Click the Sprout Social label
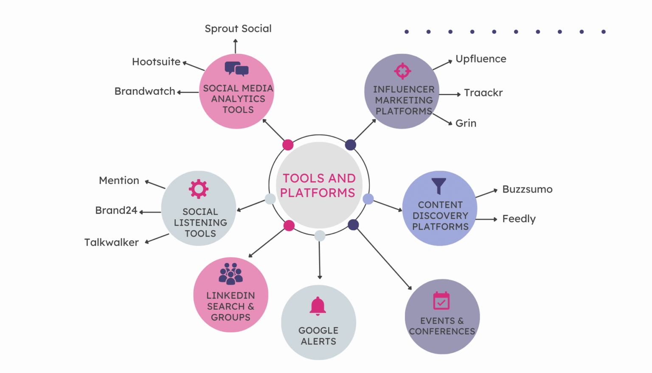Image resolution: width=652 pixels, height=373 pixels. [x=238, y=28]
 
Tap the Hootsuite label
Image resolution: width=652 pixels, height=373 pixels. [x=156, y=62]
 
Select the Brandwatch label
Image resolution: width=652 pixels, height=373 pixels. [x=145, y=91]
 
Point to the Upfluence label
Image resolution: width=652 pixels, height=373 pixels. [x=481, y=59]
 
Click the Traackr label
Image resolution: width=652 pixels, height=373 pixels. [x=483, y=93]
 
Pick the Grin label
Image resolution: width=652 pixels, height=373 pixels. [x=466, y=123]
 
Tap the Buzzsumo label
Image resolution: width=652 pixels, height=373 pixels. [x=527, y=189]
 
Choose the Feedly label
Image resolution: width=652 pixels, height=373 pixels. [x=519, y=219]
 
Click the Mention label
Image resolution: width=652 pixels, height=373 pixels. [x=119, y=181]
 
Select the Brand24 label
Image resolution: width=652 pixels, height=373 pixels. [x=116, y=210]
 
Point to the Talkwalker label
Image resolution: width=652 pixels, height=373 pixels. [x=111, y=242]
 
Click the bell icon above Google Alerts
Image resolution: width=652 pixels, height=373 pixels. [x=318, y=306]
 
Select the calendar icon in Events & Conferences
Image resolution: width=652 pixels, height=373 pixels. [x=441, y=301]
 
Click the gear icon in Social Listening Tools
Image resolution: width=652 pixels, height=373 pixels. [x=199, y=189]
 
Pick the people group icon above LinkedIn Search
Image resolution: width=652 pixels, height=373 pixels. [x=230, y=274]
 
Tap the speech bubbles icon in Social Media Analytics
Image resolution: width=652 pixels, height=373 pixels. [x=236, y=68]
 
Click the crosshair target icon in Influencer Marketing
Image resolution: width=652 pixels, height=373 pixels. [x=402, y=71]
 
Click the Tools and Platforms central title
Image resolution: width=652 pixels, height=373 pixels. [x=318, y=185]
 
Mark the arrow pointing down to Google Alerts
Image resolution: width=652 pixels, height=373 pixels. [x=320, y=259]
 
